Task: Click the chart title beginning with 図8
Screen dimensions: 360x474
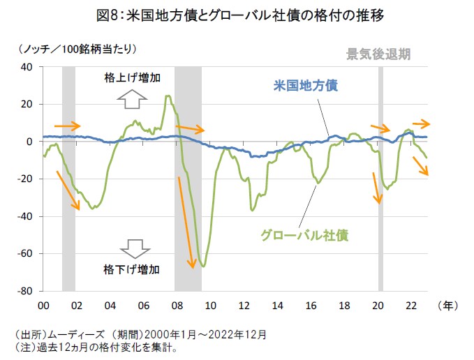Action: [x=237, y=14]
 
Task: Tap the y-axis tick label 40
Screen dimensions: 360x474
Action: [x=27, y=67]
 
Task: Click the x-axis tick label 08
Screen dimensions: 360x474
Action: [x=176, y=305]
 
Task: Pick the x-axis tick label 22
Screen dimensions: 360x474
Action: [x=412, y=305]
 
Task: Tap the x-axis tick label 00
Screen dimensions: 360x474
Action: [x=43, y=305]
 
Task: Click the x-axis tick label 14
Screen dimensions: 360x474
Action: [x=278, y=305]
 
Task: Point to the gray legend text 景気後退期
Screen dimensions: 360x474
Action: [x=378, y=54]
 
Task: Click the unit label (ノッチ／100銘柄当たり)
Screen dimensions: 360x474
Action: [x=75, y=49]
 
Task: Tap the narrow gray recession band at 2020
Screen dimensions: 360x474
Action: [x=380, y=179]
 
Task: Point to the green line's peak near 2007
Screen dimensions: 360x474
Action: [x=168, y=96]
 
